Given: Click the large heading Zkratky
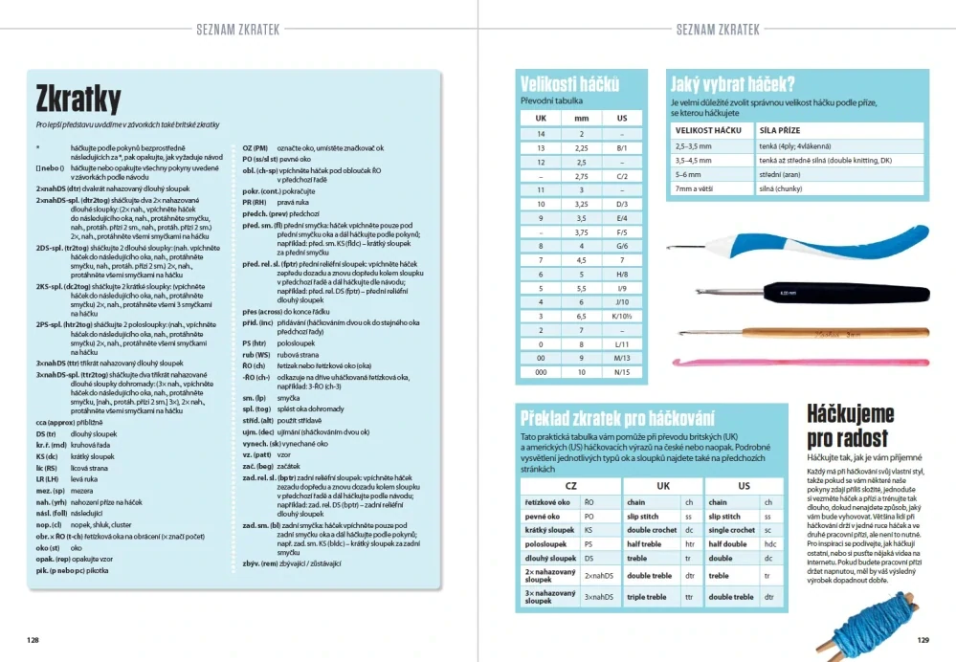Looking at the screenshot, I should pos(78,99).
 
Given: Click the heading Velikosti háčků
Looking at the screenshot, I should pos(569,82).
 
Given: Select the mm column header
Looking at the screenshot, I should pos(581,119).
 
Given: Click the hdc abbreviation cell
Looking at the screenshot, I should pos(768,542).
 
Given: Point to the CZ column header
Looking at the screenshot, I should pos(570,485).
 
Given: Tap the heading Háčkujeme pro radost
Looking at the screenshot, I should pos(851,426).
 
